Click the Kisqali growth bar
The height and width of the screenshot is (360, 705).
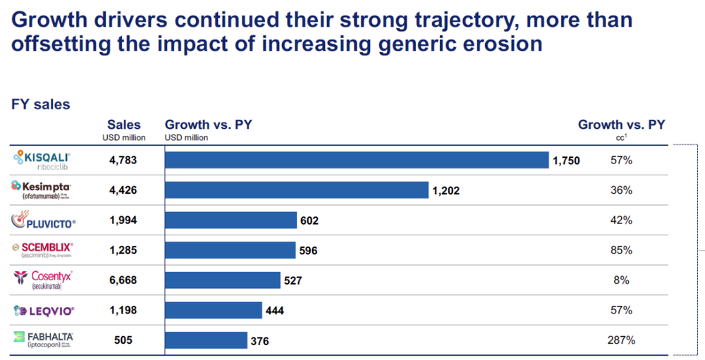[x=356, y=161]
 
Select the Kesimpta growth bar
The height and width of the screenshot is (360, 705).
[x=296, y=190]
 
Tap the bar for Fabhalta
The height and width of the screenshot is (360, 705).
[x=206, y=340]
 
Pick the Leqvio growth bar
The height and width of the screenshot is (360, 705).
[x=213, y=310]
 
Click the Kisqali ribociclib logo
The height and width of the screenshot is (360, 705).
[x=42, y=160]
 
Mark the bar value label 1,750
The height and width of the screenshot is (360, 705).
[x=566, y=161]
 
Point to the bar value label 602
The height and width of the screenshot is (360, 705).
[x=309, y=221]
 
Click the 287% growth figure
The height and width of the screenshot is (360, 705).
[x=621, y=340]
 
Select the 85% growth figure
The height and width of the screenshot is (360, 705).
[x=621, y=250]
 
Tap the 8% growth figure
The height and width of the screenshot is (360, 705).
[x=621, y=280]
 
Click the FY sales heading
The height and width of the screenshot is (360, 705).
[x=40, y=104]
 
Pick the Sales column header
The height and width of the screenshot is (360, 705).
[x=123, y=125]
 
